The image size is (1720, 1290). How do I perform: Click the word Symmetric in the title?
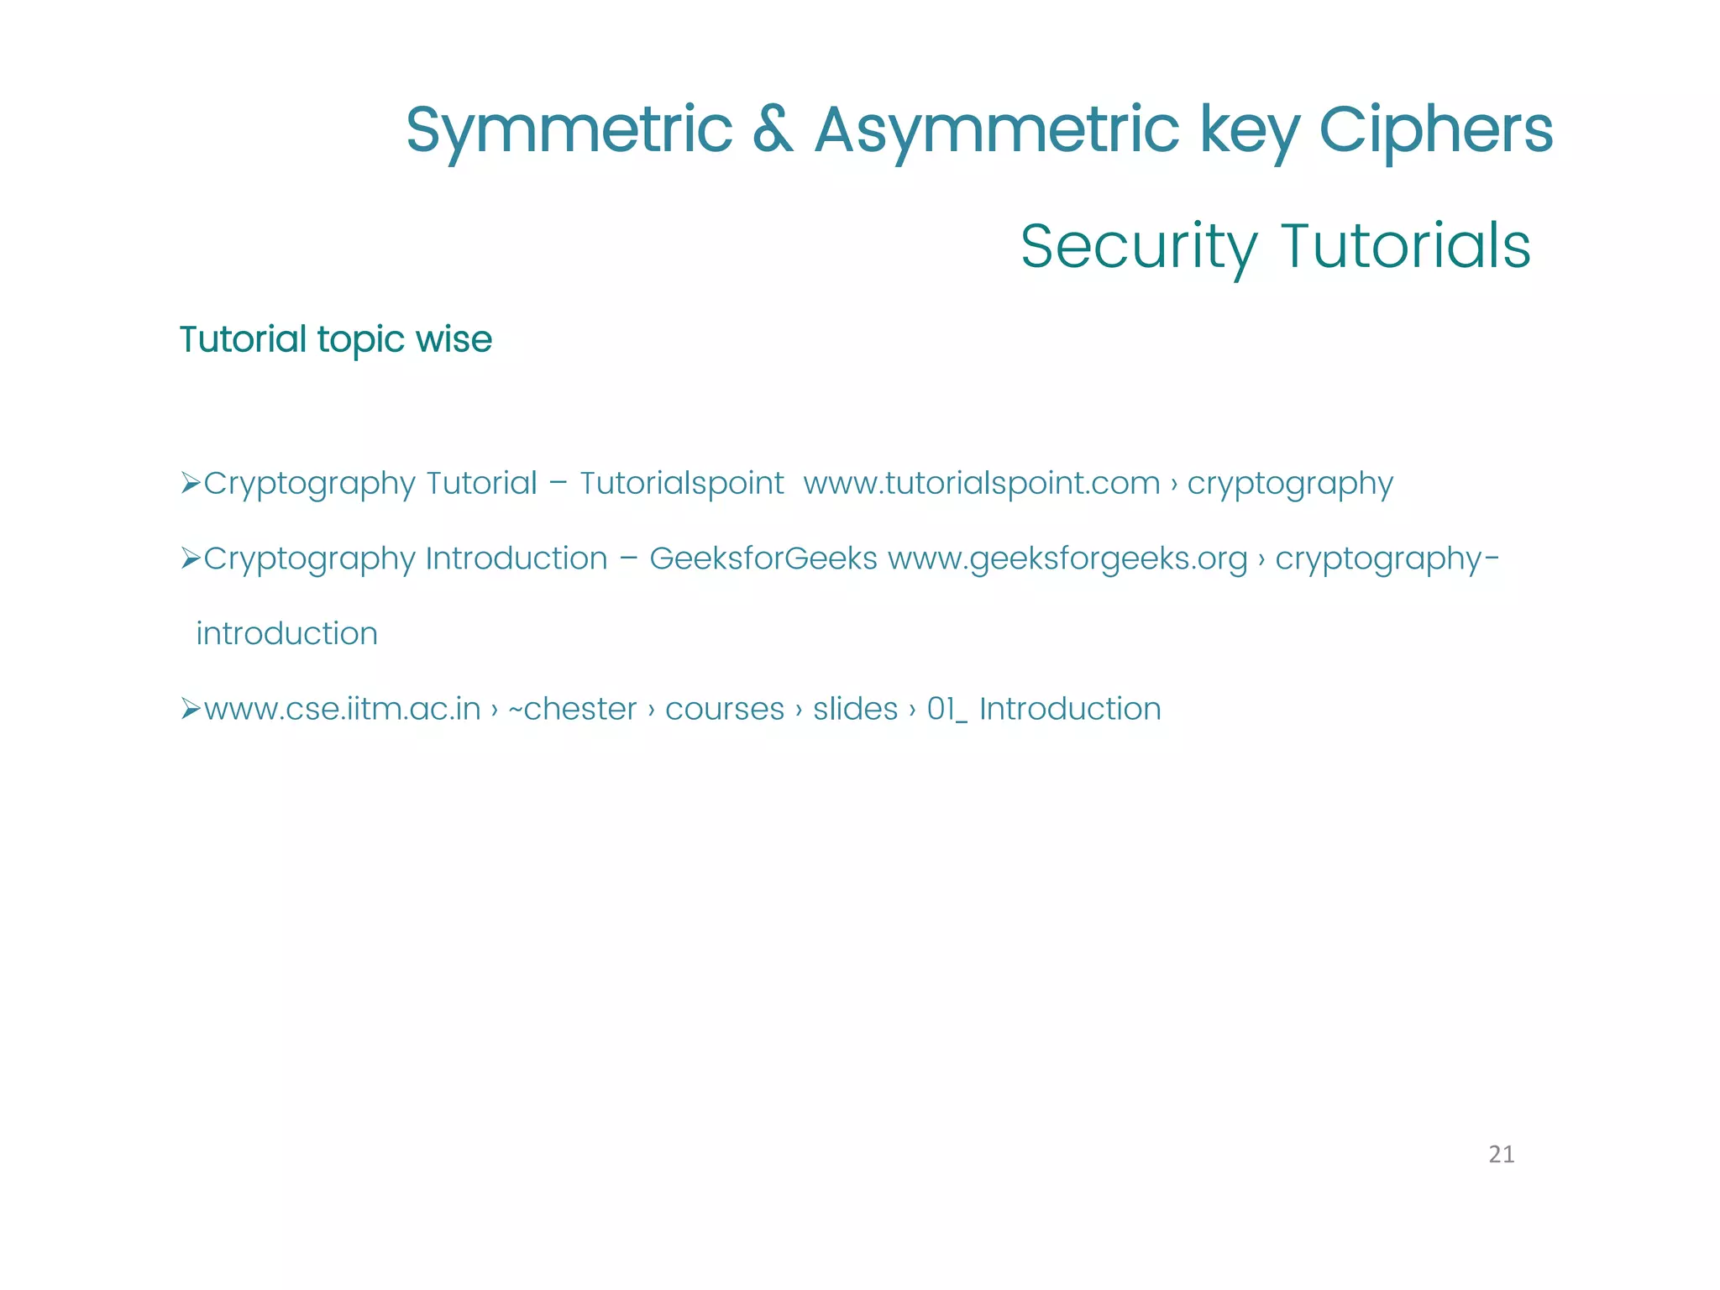pyautogui.click(x=569, y=131)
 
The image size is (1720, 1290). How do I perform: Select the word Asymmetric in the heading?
pyautogui.click(x=997, y=131)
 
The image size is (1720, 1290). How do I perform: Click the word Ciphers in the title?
pyautogui.click(x=1435, y=131)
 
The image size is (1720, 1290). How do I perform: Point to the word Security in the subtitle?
pyautogui.click(x=1139, y=247)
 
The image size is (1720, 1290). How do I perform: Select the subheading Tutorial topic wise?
pyautogui.click(x=335, y=340)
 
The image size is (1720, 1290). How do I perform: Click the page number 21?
pyautogui.click(x=1501, y=1155)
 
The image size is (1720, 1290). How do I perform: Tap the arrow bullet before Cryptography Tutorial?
pyautogui.click(x=190, y=483)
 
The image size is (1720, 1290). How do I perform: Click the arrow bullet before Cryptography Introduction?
pyautogui.click(x=190, y=558)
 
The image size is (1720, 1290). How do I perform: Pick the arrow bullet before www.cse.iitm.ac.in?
pyautogui.click(x=190, y=709)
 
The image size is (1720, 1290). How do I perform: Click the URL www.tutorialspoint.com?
pyautogui.click(x=981, y=484)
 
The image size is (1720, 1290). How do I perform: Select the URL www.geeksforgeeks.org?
pyautogui.click(x=1067, y=558)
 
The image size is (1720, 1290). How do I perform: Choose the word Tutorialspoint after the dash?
pyautogui.click(x=681, y=484)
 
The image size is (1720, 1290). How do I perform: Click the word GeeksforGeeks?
pyautogui.click(x=763, y=558)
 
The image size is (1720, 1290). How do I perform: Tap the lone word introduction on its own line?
pyautogui.click(x=286, y=634)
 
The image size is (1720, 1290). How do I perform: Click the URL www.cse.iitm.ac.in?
pyautogui.click(x=342, y=710)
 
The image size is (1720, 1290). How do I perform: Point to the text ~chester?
pyautogui.click(x=572, y=710)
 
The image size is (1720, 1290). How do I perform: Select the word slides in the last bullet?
pyautogui.click(x=855, y=710)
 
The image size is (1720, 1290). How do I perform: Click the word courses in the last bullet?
pyautogui.click(x=724, y=710)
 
